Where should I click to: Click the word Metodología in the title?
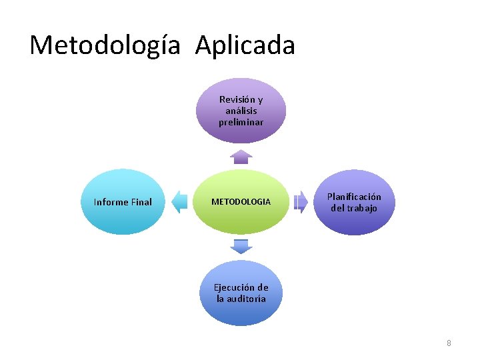(105, 45)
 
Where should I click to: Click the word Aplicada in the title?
(245, 45)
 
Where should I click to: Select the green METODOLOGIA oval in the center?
(241, 201)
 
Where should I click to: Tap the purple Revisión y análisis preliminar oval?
(241, 111)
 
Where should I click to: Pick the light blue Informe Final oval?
(123, 202)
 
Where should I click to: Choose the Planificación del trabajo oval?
(354, 202)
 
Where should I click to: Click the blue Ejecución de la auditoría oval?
(241, 293)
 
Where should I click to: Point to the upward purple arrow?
(241, 157)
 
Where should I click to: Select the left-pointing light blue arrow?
(179, 201)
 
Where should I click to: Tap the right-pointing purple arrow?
(301, 201)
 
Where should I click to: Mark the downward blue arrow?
(241, 246)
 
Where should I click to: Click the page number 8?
(449, 343)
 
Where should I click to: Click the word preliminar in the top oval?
(241, 123)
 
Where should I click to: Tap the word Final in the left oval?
(141, 202)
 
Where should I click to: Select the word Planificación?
(354, 197)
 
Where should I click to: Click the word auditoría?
(246, 299)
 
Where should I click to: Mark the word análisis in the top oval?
(241, 111)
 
